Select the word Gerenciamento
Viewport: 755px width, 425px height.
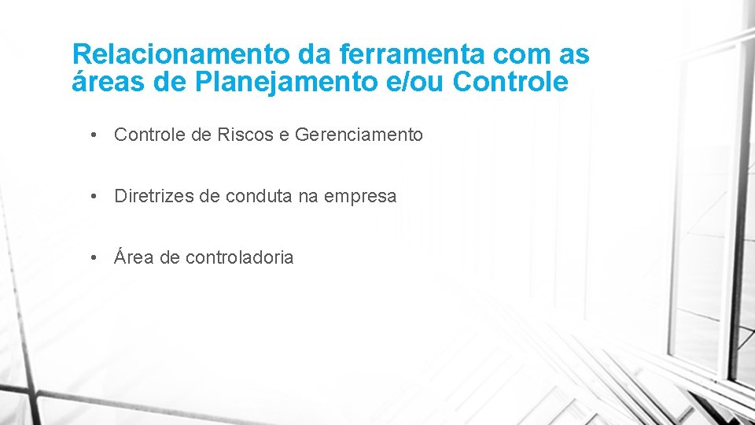(359, 135)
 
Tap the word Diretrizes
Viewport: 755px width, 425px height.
(153, 197)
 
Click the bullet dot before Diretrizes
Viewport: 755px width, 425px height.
(94, 197)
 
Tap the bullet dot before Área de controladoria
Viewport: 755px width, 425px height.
(94, 257)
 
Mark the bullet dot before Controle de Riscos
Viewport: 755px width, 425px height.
(94, 135)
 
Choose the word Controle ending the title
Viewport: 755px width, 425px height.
(511, 81)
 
